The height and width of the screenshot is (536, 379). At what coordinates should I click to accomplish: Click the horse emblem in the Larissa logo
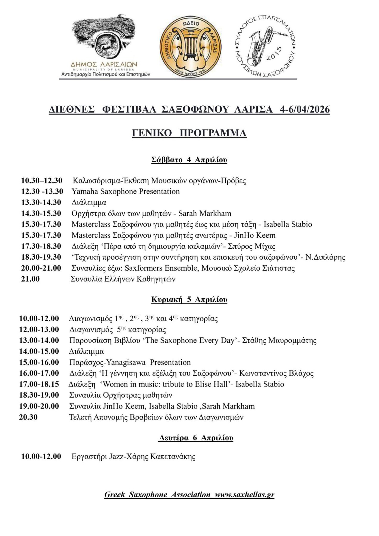(x=108, y=45)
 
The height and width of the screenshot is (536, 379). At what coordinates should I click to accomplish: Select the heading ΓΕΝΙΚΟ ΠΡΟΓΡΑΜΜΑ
(x=189, y=133)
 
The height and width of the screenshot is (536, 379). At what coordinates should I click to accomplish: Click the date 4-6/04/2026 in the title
(x=305, y=110)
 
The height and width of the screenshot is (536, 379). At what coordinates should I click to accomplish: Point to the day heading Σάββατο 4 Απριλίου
(x=189, y=160)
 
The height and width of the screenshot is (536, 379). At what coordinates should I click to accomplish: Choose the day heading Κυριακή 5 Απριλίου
(x=189, y=300)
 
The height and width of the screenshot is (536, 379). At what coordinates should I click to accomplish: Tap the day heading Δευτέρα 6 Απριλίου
(x=196, y=438)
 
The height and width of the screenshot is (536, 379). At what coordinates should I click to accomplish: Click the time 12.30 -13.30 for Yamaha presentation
(x=42, y=191)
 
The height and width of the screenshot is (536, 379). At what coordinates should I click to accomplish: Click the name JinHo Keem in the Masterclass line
(x=255, y=235)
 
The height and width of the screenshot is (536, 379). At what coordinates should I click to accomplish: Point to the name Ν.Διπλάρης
(x=325, y=257)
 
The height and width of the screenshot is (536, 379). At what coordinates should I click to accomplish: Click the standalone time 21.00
(x=30, y=279)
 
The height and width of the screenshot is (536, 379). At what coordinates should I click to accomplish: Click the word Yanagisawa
(x=126, y=362)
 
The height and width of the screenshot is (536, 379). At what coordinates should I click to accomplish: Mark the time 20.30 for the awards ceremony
(x=29, y=417)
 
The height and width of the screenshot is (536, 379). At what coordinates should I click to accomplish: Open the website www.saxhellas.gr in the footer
(x=244, y=495)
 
